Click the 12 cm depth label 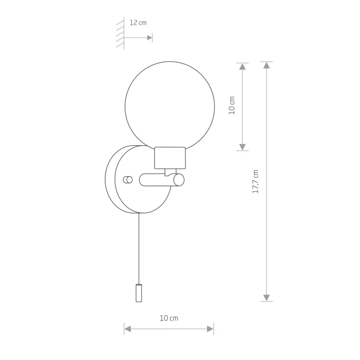coord(138,23)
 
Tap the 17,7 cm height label coord(255,181)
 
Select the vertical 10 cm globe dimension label coord(232,105)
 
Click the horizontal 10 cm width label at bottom coord(169,318)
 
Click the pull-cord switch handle coord(139,293)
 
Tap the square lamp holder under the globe coord(170,158)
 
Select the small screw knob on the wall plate coord(128,180)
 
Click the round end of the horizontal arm coord(179,180)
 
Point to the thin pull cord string coord(139,249)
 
